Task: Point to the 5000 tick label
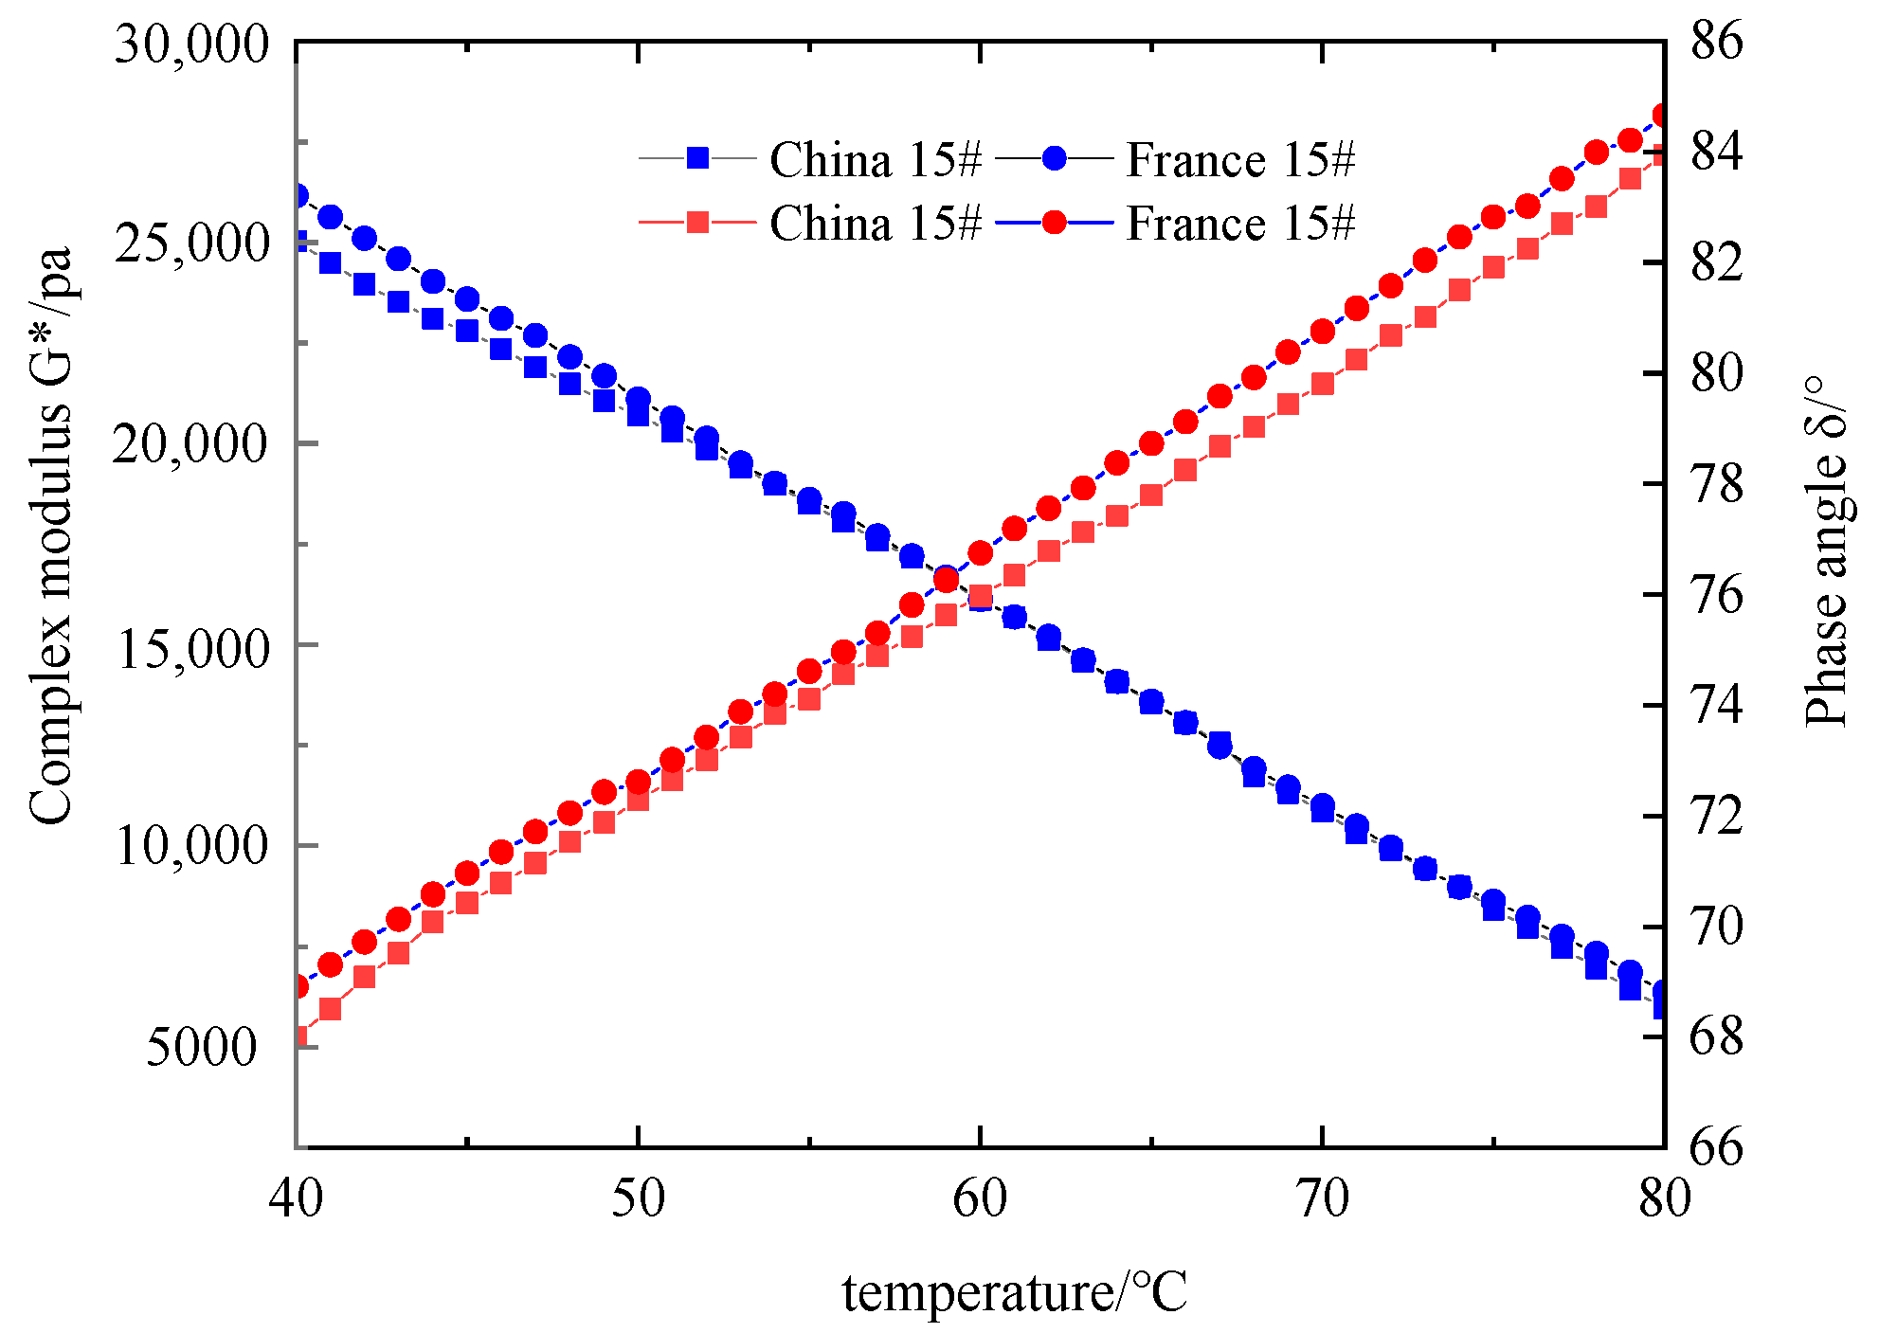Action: click(x=202, y=1047)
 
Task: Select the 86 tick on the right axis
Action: click(x=1716, y=42)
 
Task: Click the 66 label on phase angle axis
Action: click(x=1716, y=1147)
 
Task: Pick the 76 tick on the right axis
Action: click(x=1716, y=595)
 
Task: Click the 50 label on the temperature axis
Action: click(x=638, y=1198)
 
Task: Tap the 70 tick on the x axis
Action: click(x=1322, y=1198)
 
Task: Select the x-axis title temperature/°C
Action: click(x=1014, y=1292)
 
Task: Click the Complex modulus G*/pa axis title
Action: click(x=50, y=535)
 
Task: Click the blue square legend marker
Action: click(x=697, y=158)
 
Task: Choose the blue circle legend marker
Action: click(x=1054, y=158)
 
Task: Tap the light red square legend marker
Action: click(x=697, y=223)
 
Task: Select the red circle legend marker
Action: click(x=1054, y=223)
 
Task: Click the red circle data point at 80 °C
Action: click(x=1662, y=116)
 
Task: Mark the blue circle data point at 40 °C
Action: click(x=298, y=196)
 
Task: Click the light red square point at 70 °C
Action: click(x=1323, y=384)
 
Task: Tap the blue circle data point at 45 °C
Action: click(x=467, y=299)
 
